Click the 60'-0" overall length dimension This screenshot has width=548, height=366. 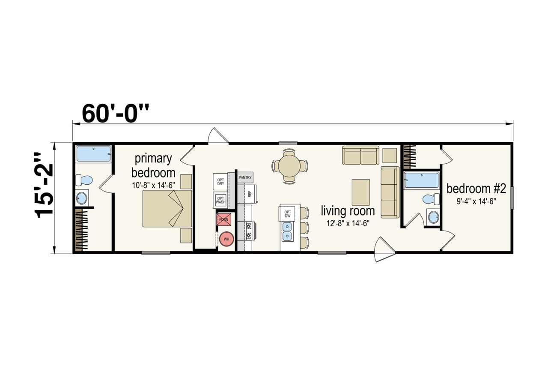pos(116,113)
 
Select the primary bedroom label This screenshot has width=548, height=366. pos(153,165)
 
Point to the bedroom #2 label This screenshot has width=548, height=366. pos(476,189)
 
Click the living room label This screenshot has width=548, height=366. pos(348,211)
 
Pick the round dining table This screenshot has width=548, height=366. pos(290,166)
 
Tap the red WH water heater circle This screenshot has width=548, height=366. pos(226,239)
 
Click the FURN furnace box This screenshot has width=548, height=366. pos(223,219)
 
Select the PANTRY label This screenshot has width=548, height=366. pos(245,177)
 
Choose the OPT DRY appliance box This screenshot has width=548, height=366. pos(220,182)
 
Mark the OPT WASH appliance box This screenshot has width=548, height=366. pos(220,200)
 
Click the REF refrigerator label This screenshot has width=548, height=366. pos(250,194)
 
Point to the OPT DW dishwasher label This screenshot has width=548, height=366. pos(288,214)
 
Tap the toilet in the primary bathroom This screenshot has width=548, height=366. pos(84,180)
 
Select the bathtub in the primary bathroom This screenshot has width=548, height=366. pos(93,154)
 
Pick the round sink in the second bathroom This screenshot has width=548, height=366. pos(434,217)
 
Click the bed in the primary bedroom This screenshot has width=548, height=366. pos(167,208)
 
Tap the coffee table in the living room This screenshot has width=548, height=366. pos(360,192)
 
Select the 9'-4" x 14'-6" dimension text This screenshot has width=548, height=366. pos(476,201)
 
